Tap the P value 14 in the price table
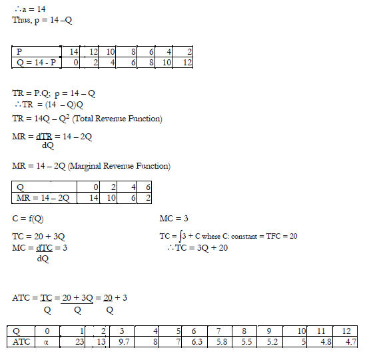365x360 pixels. pos(73,51)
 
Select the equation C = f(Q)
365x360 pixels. pos(29,219)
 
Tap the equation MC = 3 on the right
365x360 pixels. pos(175,219)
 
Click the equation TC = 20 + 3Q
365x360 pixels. pos(39,237)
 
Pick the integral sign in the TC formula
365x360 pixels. pos(180,237)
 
